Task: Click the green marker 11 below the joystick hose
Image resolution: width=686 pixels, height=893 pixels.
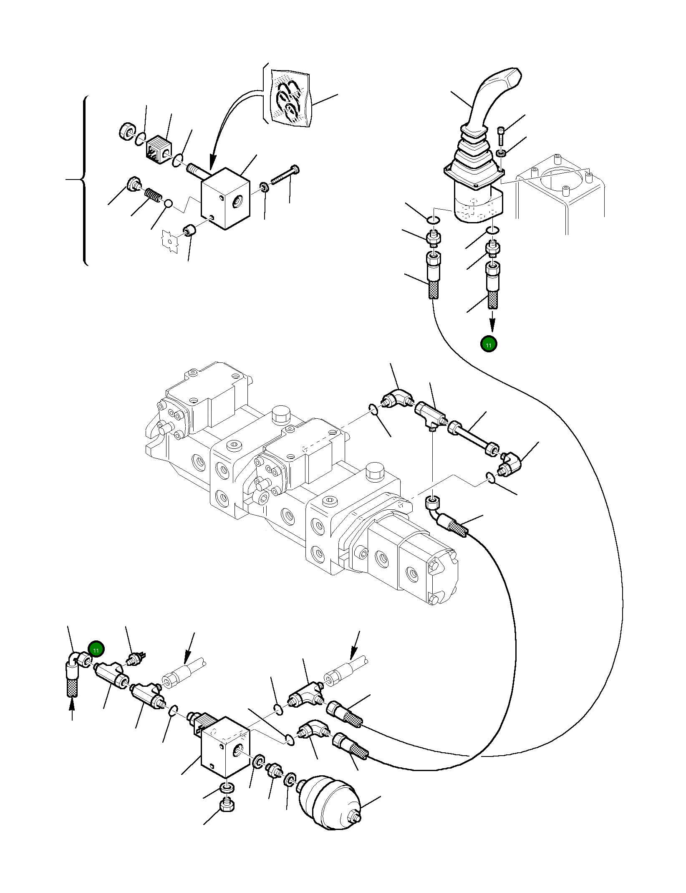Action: [489, 344]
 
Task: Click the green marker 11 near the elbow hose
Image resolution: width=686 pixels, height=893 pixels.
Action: [96, 660]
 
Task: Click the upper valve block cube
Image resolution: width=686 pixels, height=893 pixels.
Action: [225, 198]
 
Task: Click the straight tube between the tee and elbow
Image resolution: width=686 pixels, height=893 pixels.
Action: [472, 438]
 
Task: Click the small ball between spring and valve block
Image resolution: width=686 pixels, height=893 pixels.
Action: [168, 203]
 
